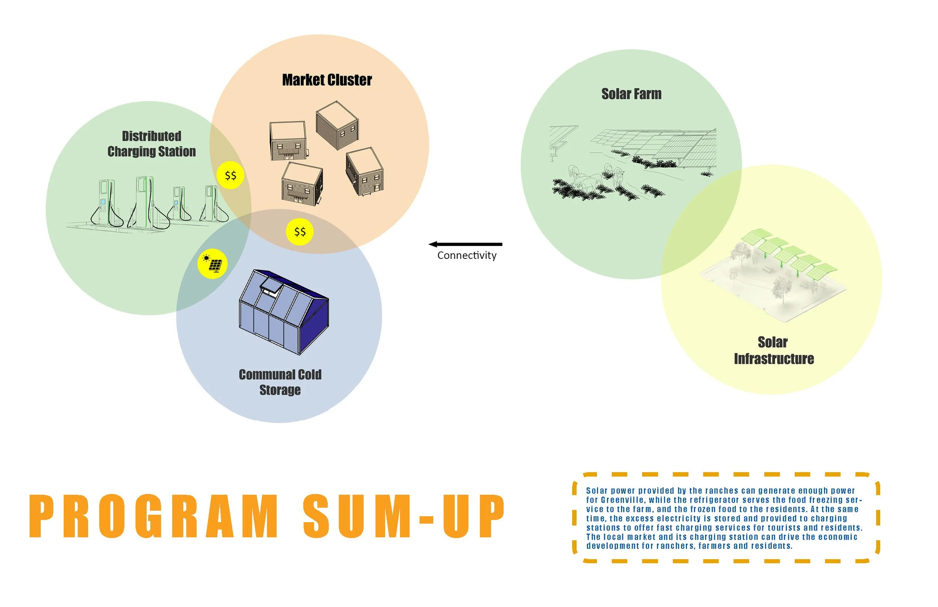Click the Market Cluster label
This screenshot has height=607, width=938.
(x=327, y=80)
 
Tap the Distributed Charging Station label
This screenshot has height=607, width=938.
(x=151, y=143)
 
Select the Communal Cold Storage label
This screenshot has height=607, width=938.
(x=280, y=382)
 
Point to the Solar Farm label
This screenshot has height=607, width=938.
(x=631, y=94)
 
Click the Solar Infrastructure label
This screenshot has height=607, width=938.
(x=773, y=350)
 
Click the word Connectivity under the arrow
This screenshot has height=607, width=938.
(x=467, y=255)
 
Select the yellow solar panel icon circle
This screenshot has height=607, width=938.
(x=212, y=264)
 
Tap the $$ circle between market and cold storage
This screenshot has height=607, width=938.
(x=299, y=232)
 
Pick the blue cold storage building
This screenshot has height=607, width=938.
(x=284, y=311)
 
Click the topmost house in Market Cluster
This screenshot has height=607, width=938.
(x=337, y=125)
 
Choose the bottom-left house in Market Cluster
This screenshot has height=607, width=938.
(x=302, y=184)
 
